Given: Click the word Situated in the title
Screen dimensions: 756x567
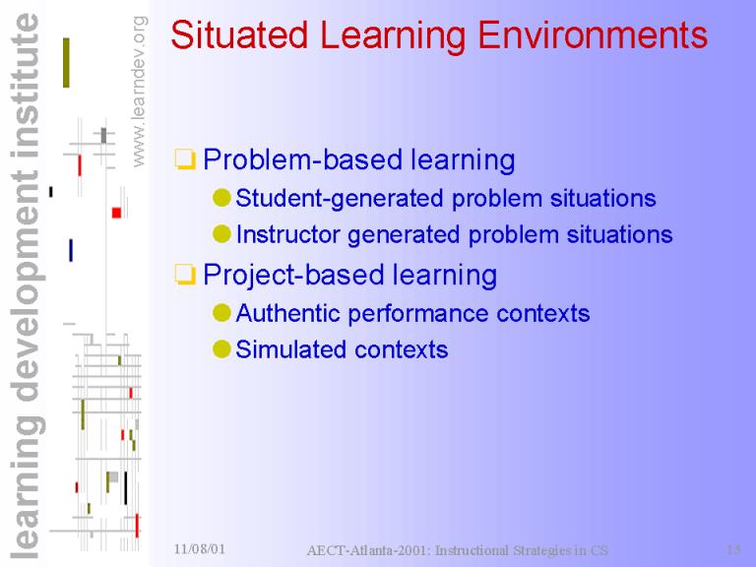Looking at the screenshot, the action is coord(239,34).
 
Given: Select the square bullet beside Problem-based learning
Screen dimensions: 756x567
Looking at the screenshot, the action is coord(185,159).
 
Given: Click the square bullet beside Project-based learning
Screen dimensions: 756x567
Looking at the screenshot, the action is coord(185,275).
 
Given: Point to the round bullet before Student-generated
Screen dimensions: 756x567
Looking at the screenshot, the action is coord(221,198).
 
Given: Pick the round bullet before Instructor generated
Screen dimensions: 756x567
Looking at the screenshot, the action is coord(221,234).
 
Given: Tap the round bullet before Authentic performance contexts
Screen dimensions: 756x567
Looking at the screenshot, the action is coord(221,313).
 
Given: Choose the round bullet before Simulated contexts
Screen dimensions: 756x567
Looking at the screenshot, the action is coord(221,349).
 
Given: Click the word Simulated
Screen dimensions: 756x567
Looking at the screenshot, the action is coord(287,349).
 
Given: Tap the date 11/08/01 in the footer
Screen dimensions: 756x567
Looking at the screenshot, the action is coord(200,548).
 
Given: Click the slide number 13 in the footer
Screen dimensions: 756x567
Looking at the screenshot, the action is coord(733,549).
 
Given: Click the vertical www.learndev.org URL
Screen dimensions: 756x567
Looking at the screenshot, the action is coord(139,92).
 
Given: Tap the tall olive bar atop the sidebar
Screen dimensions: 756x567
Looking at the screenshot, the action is coord(66,63).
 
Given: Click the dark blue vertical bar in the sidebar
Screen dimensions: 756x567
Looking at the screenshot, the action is coord(71,250).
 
